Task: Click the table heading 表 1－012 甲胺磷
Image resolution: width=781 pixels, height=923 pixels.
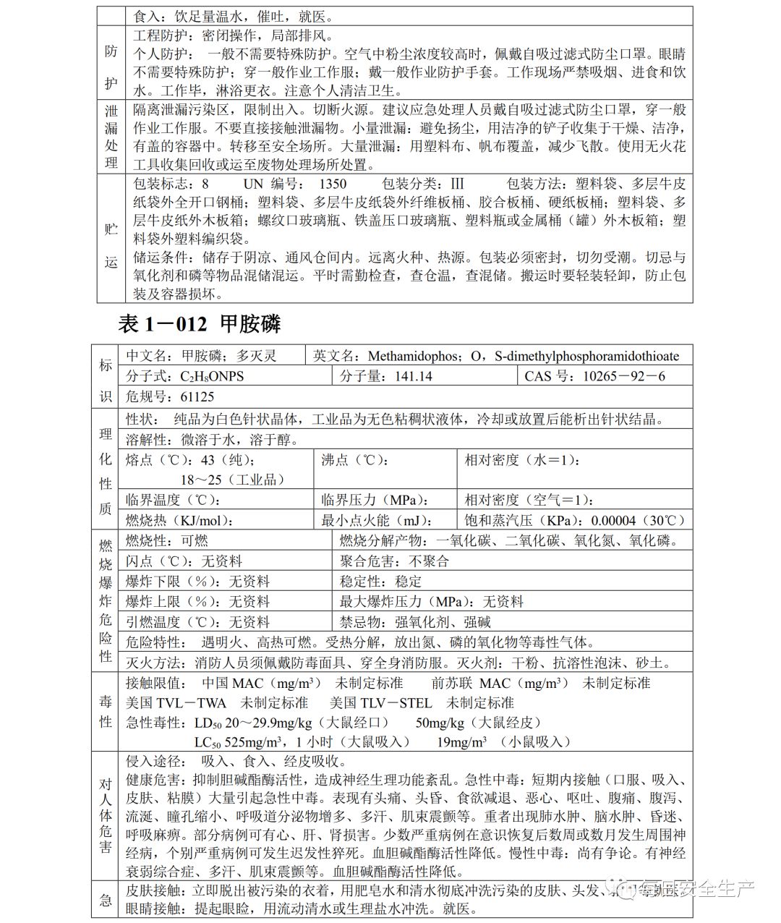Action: (199, 323)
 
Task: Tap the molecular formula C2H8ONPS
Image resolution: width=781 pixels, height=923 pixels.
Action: (212, 376)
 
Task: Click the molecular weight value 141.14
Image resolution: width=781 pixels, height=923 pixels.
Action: (414, 376)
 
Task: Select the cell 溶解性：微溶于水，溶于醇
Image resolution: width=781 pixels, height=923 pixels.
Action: (212, 439)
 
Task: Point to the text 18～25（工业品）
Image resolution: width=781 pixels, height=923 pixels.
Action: (233, 480)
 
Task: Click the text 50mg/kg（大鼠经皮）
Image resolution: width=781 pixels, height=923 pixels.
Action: (478, 722)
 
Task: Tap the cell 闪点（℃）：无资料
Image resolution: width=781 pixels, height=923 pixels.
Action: (184, 561)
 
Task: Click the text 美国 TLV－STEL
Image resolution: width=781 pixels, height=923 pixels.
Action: (380, 702)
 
